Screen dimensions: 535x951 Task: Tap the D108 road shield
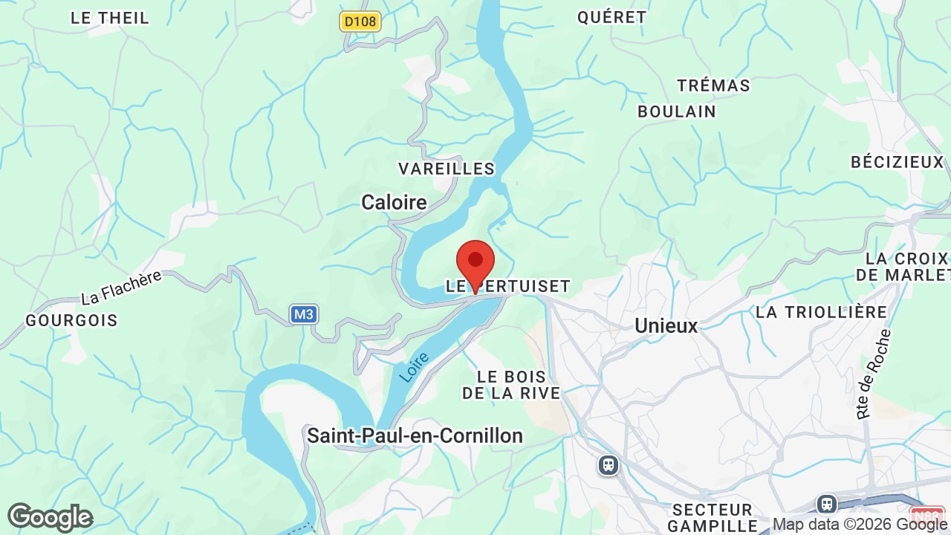[x=360, y=22]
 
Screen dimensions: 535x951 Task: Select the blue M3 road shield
[x=303, y=314]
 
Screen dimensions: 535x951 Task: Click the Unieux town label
[x=666, y=325]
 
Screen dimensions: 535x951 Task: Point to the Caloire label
[x=394, y=202]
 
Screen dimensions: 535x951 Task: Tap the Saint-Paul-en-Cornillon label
[x=415, y=435]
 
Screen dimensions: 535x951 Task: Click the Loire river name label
[x=415, y=367]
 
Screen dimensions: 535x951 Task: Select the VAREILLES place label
[x=447, y=169]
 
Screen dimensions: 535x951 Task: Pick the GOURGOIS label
[x=71, y=320]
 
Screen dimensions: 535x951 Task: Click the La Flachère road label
[x=121, y=288]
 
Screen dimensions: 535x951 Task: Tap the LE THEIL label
[x=110, y=18]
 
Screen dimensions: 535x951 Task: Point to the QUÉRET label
[x=612, y=17]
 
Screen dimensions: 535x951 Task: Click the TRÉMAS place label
[x=713, y=85]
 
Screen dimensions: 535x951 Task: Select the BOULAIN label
[x=677, y=111]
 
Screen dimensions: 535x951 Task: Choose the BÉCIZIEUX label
[x=897, y=162]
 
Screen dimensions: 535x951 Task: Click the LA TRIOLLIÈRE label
[x=821, y=312]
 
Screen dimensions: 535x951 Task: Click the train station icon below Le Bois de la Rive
[x=608, y=466]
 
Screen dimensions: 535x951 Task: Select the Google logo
[x=50, y=517]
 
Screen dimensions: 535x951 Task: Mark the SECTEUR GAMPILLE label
[x=713, y=518]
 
